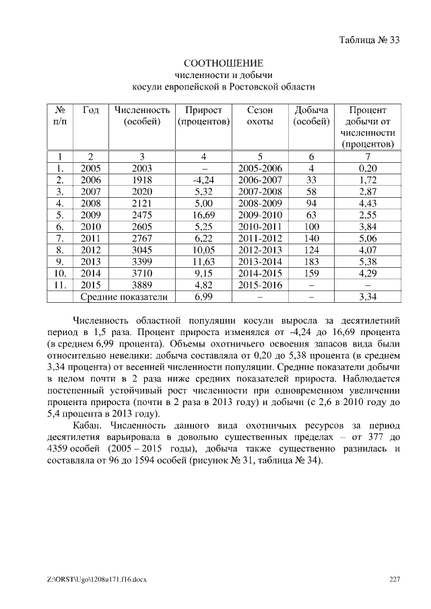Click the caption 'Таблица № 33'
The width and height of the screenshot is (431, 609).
pos(369,40)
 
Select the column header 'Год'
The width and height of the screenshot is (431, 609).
pos(91,110)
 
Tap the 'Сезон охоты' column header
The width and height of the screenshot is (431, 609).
pos(260,116)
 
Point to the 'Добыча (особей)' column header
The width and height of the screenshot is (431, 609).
pos(311,116)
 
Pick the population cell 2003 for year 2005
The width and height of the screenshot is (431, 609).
pos(142,168)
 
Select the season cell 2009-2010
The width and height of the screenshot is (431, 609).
pos(260,215)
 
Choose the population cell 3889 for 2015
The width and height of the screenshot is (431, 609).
pos(142,283)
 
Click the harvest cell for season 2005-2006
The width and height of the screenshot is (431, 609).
pos(311,168)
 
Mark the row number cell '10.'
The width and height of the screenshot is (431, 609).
pos(60,272)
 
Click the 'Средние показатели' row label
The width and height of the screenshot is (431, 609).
pos(123,295)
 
